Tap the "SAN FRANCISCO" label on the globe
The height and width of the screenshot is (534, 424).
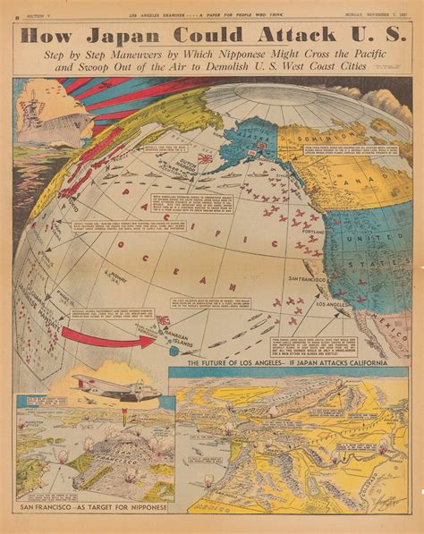(x=304, y=280)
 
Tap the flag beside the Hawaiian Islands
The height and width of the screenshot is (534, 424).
(x=164, y=320)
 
